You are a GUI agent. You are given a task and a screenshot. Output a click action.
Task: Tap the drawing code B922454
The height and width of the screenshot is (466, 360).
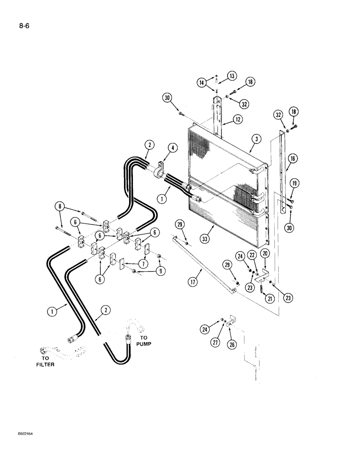[x=23, y=446]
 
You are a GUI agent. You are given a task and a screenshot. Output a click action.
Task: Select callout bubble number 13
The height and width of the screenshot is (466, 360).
[x=232, y=76]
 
